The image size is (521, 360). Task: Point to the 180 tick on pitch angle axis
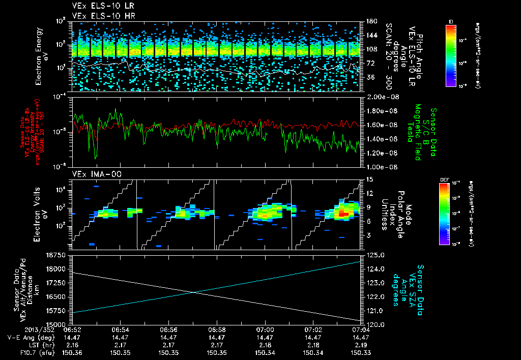(x=369, y=21)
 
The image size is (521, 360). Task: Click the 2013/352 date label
(x=19, y=329)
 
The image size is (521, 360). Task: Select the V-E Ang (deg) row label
(x=31, y=337)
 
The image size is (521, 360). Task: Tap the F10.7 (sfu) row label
(x=32, y=352)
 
